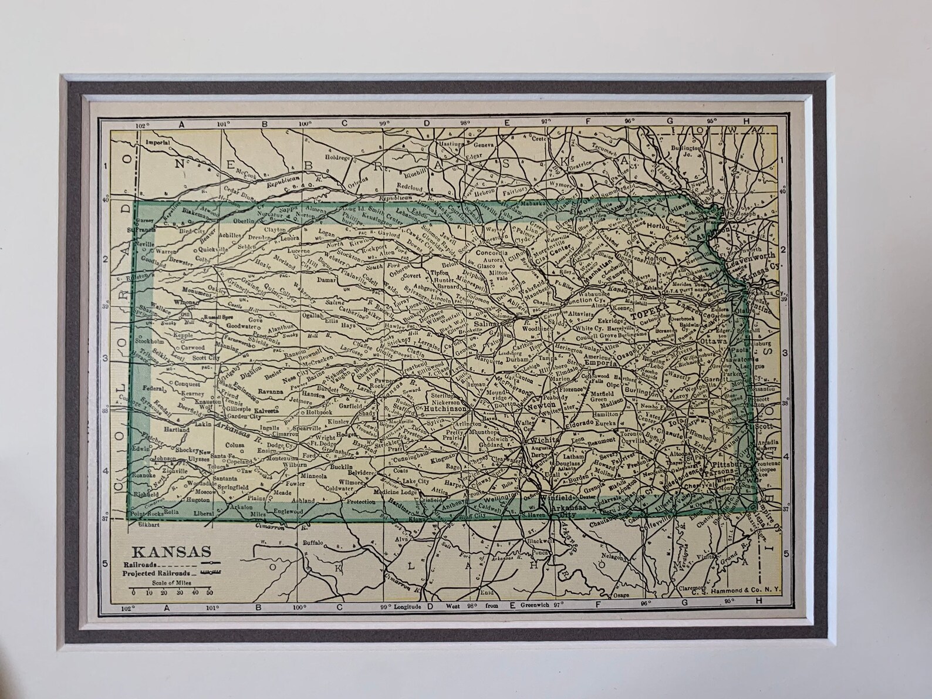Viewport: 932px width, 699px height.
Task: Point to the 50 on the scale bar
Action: (209, 593)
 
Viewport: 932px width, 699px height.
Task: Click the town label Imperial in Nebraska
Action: (158, 142)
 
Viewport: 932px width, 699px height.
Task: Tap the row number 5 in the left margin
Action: (106, 563)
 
